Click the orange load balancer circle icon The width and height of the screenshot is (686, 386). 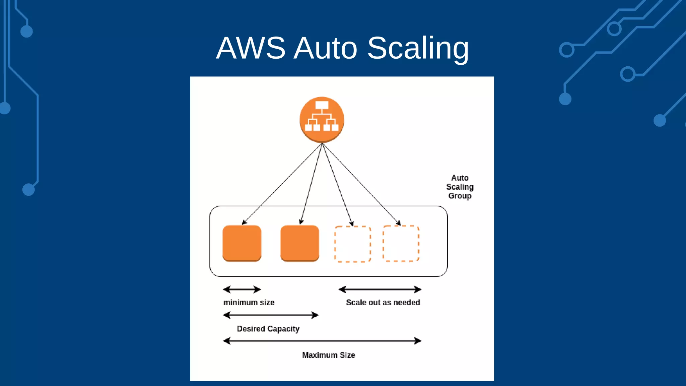pos(322,120)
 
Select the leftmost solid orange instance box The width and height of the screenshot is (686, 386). pos(242,243)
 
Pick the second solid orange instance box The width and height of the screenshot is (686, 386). pos(299,243)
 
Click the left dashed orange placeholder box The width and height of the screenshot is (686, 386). pos(352,244)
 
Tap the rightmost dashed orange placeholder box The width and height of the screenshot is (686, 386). pos(401,243)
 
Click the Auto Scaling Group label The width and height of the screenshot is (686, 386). pos(460,187)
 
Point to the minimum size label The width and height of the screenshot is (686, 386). pos(249,303)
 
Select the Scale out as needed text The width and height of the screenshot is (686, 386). pos(383,303)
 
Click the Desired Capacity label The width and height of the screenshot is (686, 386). pos(268,329)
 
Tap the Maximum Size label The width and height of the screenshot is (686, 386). pos(328,355)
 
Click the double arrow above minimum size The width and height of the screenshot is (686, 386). pos(242,289)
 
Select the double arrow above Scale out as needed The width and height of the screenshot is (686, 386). pos(380,289)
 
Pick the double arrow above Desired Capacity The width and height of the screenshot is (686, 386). pos(271,315)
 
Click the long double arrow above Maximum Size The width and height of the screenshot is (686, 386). pos(322,341)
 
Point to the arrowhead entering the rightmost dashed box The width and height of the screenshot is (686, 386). pos(399,223)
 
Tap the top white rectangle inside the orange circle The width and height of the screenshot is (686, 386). pos(322,105)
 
